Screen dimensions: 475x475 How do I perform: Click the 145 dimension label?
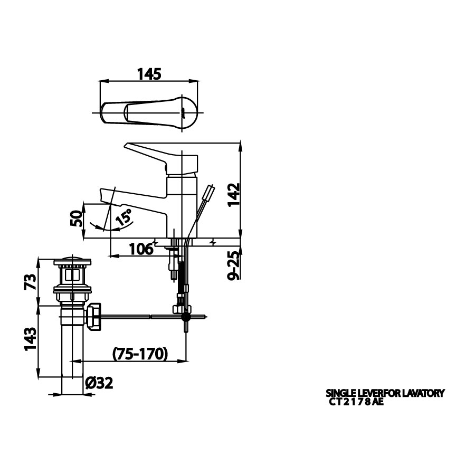[149, 74]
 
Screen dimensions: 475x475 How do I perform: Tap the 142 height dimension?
[234, 194]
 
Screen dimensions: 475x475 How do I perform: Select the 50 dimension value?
[76, 218]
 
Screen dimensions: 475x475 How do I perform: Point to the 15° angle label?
[124, 216]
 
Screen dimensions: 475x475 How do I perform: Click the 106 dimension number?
[141, 249]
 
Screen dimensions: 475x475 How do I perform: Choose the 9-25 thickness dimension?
[234, 265]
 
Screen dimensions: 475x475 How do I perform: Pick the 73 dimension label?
[30, 282]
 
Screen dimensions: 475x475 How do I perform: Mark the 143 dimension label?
[30, 339]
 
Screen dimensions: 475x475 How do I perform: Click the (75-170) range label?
[140, 354]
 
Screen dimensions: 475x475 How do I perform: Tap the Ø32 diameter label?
[99, 383]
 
